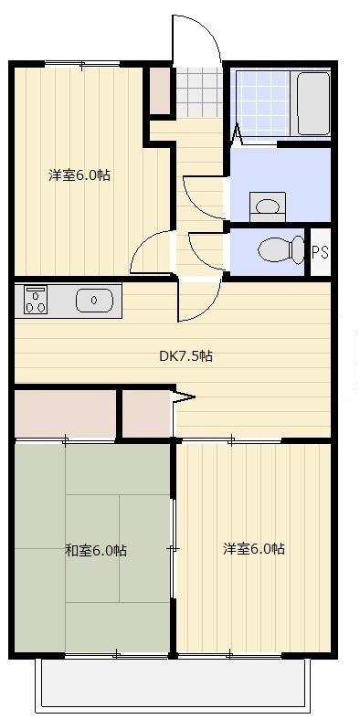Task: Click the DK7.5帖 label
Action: tap(186, 356)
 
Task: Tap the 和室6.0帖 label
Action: tap(95, 550)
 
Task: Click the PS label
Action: tap(320, 253)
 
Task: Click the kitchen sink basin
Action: tap(93, 300)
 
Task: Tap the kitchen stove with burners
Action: tap(36, 301)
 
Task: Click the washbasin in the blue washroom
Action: tap(268, 206)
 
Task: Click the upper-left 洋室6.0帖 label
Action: tap(79, 174)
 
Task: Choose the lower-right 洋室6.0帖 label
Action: tap(254, 549)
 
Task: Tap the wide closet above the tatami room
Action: tap(64, 413)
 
